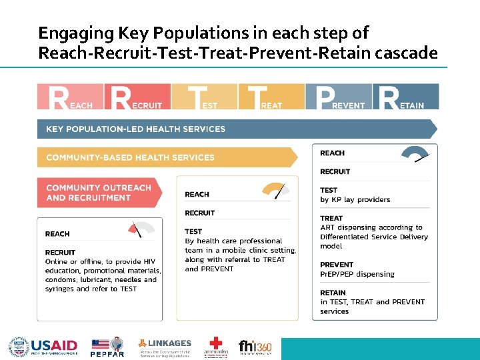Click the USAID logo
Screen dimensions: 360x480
(43, 347)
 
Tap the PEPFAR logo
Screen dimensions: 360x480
(107, 347)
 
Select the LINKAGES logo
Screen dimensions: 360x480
(165, 347)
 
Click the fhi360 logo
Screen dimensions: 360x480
(255, 347)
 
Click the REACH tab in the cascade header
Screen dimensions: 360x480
(70, 96)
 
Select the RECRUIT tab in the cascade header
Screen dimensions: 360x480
(137, 96)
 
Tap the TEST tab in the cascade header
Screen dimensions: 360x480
(204, 96)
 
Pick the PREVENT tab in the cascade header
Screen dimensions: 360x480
(338, 96)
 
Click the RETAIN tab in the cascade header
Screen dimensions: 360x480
(405, 96)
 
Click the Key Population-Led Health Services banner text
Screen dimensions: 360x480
(135, 129)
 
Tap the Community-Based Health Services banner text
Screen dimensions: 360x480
(130, 157)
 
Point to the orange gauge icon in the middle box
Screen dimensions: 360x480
(276, 191)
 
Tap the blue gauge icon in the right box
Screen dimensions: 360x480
(417, 154)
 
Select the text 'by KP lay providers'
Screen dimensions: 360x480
(355, 199)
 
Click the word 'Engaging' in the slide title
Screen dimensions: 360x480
(68, 33)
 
